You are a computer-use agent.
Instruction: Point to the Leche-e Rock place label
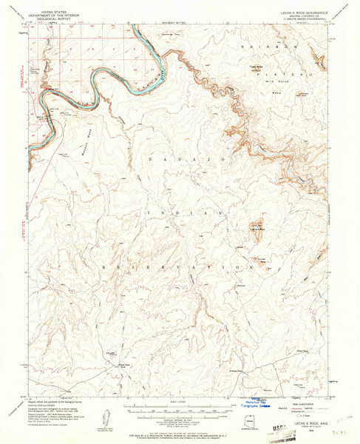coord(256,231)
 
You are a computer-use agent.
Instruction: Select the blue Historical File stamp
coord(259,403)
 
